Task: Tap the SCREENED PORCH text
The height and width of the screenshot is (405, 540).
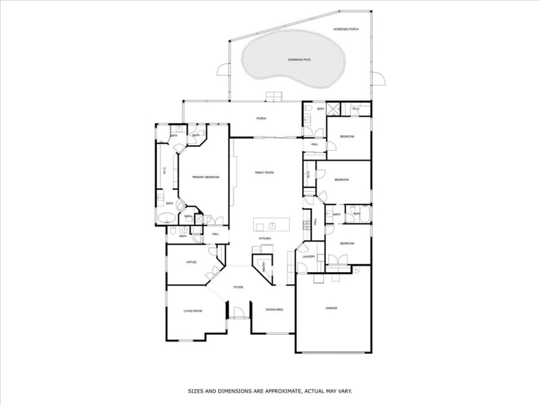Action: coord(346,29)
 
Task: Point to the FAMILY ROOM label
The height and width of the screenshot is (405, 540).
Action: coord(264,173)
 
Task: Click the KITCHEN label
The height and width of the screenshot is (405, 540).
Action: coord(265,238)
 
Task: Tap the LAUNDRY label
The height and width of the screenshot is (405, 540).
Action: coord(309,256)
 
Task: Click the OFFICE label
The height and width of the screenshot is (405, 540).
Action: coord(191,262)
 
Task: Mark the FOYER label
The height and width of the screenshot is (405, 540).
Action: coord(238,288)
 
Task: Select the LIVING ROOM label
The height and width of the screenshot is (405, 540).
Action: coord(193,310)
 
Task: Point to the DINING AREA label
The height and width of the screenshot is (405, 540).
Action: coord(274,309)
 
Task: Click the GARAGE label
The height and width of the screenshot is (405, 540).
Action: coord(331,308)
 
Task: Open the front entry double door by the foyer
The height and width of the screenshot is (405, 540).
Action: coord(238,315)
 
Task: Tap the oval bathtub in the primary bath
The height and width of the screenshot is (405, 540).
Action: coord(166,217)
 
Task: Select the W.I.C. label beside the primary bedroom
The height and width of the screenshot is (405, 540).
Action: coord(165,170)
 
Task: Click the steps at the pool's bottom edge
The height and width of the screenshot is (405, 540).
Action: coord(273,95)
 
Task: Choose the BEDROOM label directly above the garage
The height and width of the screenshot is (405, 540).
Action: coord(347,243)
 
